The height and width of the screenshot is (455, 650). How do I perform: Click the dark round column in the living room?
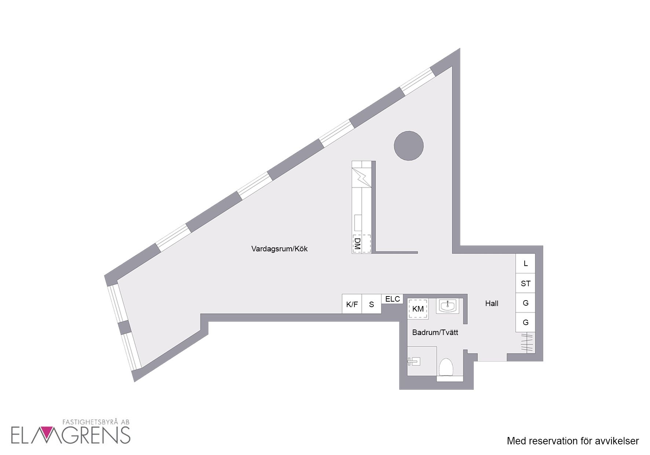click(x=409, y=146)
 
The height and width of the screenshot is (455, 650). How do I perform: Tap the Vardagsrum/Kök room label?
click(x=279, y=249)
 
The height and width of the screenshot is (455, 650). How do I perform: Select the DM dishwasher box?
click(x=361, y=244)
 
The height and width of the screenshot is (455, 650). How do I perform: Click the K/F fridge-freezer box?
click(x=352, y=304)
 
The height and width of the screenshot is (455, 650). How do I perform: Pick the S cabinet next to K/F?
click(x=372, y=304)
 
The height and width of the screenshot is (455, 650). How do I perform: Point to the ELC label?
click(x=392, y=299)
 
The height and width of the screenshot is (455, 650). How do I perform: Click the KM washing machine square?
click(x=418, y=309)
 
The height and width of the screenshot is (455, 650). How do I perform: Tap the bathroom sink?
click(x=448, y=306)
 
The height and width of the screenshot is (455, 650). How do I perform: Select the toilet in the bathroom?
click(x=446, y=367)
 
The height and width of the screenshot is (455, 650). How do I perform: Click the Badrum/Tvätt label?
click(x=435, y=332)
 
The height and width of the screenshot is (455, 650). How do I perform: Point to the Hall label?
click(x=492, y=303)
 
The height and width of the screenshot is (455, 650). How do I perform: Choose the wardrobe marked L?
click(x=525, y=263)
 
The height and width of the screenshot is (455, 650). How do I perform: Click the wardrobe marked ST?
click(x=525, y=283)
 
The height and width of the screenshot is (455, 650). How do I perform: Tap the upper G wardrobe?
click(x=525, y=303)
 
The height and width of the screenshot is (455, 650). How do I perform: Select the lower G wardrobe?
click(x=525, y=323)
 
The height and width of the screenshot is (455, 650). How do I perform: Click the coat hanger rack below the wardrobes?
click(x=527, y=343)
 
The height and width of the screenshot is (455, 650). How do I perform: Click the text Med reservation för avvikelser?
click(x=573, y=441)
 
